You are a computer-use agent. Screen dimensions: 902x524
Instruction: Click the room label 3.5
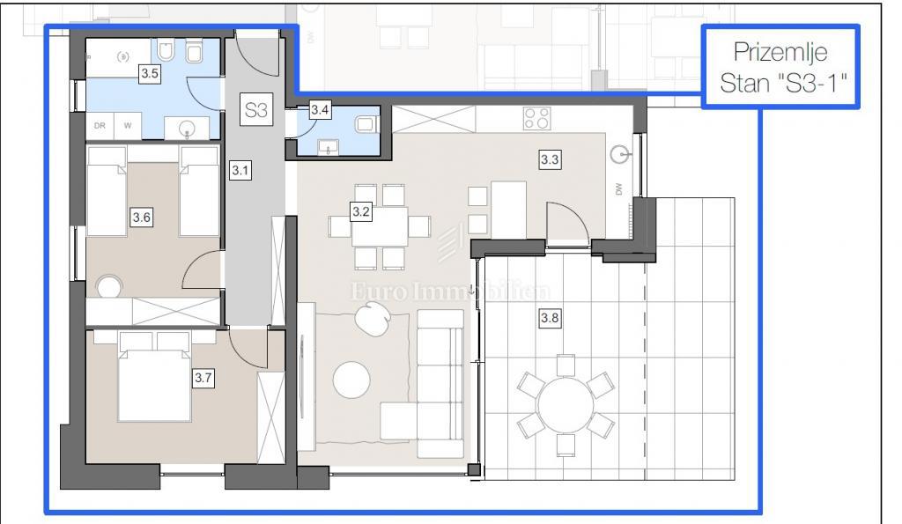point(150,74)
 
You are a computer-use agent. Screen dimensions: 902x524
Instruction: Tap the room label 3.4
point(320,109)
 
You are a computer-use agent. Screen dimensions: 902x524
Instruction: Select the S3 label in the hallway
point(256,109)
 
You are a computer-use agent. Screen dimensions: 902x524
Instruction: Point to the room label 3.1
point(240,170)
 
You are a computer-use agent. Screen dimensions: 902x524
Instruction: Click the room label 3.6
point(142,218)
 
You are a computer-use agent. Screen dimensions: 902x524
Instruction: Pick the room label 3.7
point(203,378)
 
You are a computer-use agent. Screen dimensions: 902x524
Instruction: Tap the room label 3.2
point(360,211)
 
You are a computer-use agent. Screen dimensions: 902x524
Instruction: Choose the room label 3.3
point(550,159)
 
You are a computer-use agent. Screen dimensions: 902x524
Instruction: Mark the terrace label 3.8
point(550,318)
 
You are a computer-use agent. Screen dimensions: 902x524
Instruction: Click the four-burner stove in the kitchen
point(536,119)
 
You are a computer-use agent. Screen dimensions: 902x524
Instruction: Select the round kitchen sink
point(619,154)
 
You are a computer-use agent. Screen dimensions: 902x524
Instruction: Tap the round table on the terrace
point(566,405)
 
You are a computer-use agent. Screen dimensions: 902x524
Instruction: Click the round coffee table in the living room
point(351,380)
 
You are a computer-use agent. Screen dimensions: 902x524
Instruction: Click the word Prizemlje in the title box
point(780,53)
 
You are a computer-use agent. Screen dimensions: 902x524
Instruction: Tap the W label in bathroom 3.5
point(128,125)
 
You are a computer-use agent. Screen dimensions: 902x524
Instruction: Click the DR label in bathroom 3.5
point(100,125)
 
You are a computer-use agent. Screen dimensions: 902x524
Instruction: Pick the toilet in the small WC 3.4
point(365,123)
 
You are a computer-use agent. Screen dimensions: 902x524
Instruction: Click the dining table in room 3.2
point(380,226)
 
